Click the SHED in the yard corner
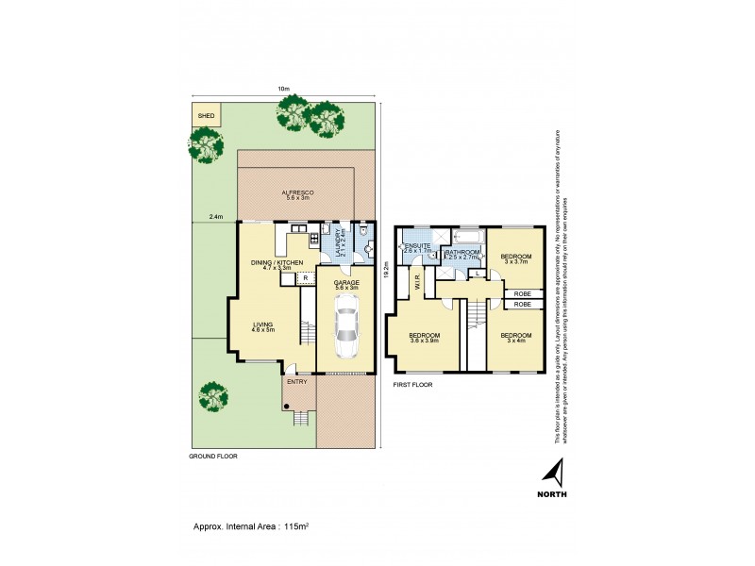(206, 116)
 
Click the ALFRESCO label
(297, 195)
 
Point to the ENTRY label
(297, 381)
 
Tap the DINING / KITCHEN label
(277, 264)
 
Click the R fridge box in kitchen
(305, 278)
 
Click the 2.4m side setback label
(215, 217)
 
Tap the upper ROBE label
(522, 294)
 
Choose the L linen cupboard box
(478, 274)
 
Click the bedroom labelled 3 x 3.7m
(516, 258)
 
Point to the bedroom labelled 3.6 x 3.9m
(423, 340)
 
